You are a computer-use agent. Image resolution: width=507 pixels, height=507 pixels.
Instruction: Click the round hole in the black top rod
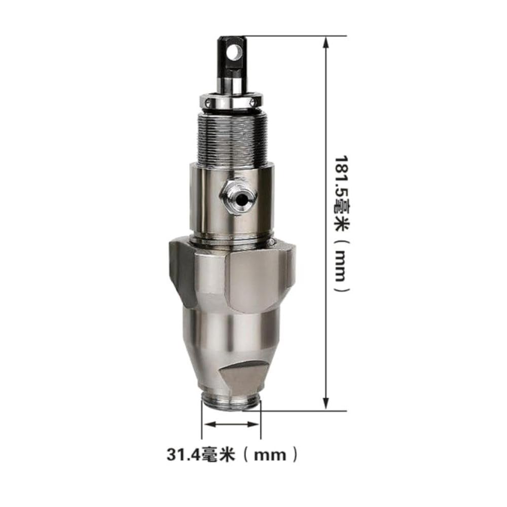click(x=234, y=52)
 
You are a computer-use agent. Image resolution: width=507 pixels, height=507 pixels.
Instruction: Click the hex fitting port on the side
click(x=238, y=197)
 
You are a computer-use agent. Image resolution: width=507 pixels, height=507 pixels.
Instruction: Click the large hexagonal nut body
click(x=232, y=275)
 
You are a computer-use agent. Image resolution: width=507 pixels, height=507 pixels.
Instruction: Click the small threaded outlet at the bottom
click(x=231, y=404)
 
